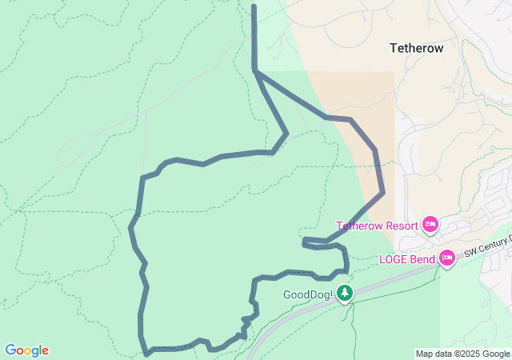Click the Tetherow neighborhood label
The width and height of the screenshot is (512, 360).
coord(416,48)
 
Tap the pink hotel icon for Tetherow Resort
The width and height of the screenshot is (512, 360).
coord(430,225)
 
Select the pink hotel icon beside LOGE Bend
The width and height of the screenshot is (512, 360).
coord(447,258)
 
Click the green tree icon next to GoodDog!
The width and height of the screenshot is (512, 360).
coord(344,294)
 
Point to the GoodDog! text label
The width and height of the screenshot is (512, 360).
coord(307,294)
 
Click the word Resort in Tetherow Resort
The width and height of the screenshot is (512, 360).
coord(401,226)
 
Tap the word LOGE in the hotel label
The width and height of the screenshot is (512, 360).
coord(393,259)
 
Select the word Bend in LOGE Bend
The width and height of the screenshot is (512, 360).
coord(423,259)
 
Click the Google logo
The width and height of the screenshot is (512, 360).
coord(26,350)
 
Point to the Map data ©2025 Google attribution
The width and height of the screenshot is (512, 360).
coord(462,354)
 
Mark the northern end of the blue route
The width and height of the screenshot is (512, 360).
coord(254,6)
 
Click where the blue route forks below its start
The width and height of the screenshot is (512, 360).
coord(255,72)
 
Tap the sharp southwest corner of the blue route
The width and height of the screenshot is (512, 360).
coord(146,353)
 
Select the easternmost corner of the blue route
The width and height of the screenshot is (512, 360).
coord(383,192)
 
